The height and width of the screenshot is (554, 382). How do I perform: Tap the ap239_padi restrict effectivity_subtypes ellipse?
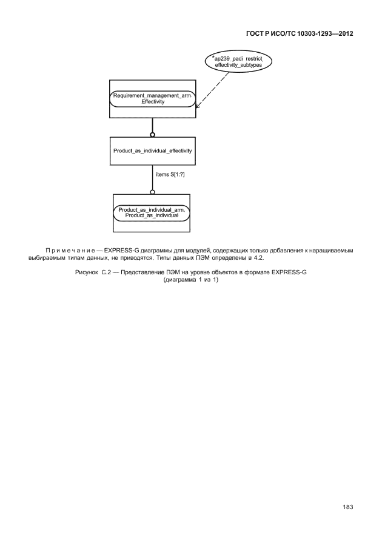238,62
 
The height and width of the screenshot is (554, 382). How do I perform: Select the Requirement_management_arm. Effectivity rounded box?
153,98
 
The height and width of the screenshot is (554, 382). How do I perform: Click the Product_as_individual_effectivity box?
153,150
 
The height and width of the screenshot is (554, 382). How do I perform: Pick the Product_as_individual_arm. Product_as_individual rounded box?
152,212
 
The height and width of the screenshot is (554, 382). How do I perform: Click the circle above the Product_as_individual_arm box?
152,192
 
